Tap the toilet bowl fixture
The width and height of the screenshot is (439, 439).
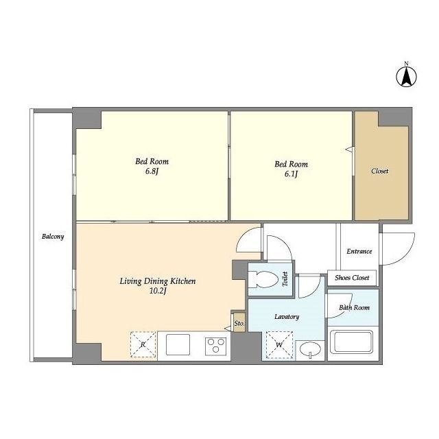pyautogui.click(x=263, y=279)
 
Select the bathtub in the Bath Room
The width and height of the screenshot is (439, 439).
pyautogui.click(x=352, y=342)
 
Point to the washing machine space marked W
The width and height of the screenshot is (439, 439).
pyautogui.click(x=279, y=345)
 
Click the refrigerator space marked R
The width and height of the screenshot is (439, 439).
pyautogui.click(x=143, y=344)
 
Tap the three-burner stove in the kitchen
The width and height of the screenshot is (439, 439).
pyautogui.click(x=215, y=345)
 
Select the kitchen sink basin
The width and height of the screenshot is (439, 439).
pyautogui.click(x=178, y=344)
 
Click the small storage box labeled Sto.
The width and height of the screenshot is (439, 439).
pyautogui.click(x=239, y=323)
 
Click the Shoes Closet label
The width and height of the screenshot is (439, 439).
pyautogui.click(x=352, y=278)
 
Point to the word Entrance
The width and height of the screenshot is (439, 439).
pyautogui.click(x=359, y=252)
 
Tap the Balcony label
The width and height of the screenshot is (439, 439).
pyautogui.click(x=53, y=237)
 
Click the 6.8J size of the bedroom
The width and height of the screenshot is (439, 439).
pyautogui.click(x=152, y=171)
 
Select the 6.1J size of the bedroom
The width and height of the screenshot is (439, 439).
pyautogui.click(x=291, y=174)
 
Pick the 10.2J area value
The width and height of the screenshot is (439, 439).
pyautogui.click(x=158, y=291)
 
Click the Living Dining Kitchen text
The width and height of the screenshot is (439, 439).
pyautogui.click(x=158, y=281)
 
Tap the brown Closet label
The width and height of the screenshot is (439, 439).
pyautogui.click(x=379, y=171)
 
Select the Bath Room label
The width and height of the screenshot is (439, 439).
pyautogui.click(x=354, y=307)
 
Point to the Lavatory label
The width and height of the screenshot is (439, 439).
pyautogui.click(x=287, y=317)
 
